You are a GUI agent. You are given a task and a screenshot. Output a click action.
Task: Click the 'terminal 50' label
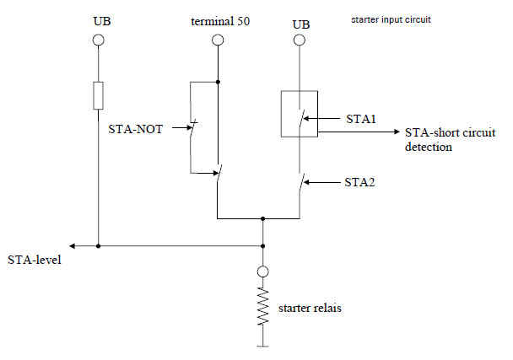(x=220, y=22)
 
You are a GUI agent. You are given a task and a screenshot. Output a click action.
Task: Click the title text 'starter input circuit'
(x=391, y=20)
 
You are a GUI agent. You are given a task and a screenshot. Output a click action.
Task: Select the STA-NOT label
(x=136, y=129)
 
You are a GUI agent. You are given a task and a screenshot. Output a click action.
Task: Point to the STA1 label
(x=361, y=119)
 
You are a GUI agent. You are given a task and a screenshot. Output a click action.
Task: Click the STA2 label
(x=359, y=182)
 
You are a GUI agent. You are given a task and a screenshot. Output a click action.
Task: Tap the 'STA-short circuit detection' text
(x=451, y=140)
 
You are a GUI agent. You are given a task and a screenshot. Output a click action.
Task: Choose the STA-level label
(x=35, y=260)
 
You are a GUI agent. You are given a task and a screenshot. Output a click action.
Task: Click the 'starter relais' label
(x=310, y=308)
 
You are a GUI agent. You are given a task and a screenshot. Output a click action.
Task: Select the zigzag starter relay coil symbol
(x=263, y=306)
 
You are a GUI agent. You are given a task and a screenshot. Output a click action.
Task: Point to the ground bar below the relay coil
(x=262, y=346)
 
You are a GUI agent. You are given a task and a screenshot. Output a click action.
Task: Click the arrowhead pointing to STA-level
(x=73, y=246)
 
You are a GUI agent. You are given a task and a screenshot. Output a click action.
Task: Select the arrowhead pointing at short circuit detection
(x=397, y=132)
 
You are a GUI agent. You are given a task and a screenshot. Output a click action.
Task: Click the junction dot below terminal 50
(x=218, y=82)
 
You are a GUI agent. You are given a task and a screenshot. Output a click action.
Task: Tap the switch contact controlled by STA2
(x=301, y=183)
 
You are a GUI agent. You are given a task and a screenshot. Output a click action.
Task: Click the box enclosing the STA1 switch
(x=281, y=114)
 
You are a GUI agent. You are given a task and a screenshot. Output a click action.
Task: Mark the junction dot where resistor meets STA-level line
(x=98, y=246)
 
